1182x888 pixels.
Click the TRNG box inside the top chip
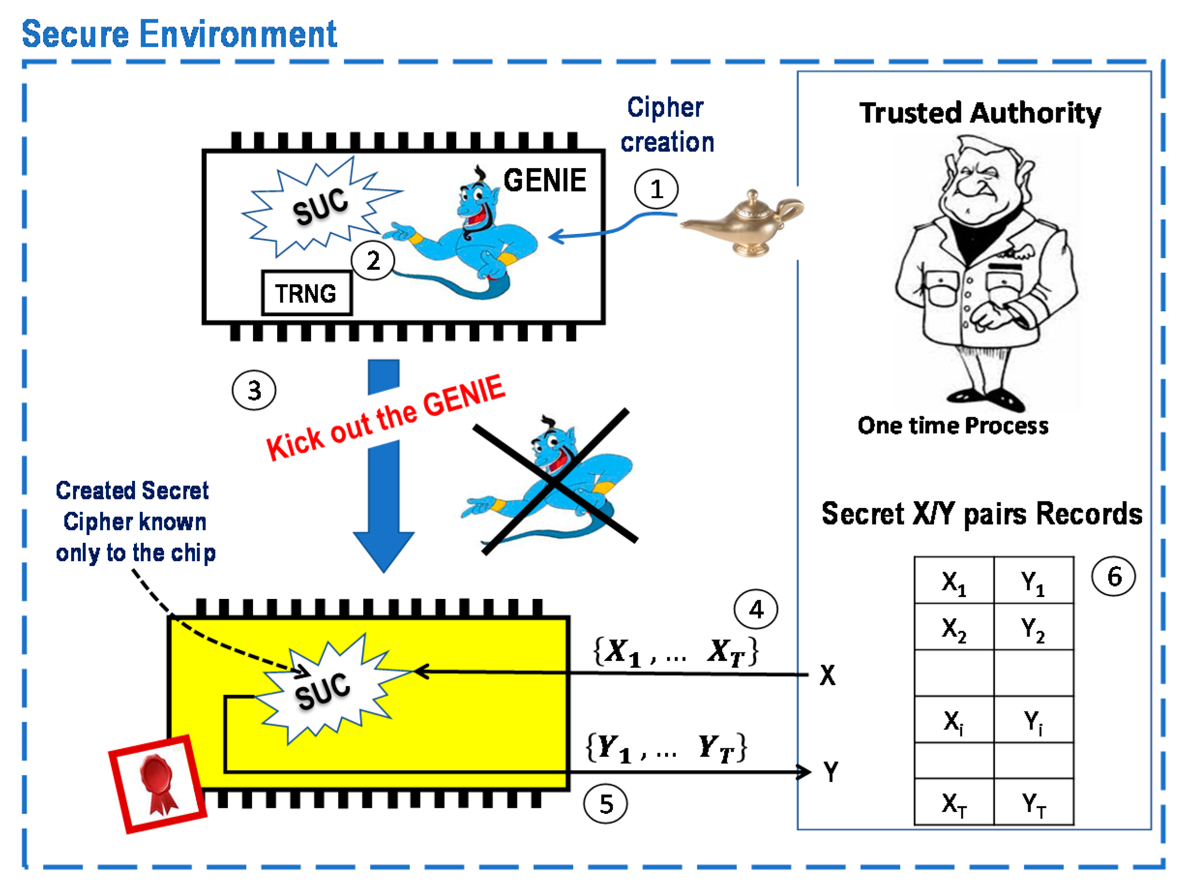pyautogui.click(x=306, y=293)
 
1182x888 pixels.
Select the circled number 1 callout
pyautogui.click(x=656, y=189)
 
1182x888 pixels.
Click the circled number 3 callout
pyautogui.click(x=254, y=390)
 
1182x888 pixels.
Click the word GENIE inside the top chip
pyautogui.click(x=545, y=180)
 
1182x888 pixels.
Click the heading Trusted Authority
pyautogui.click(x=979, y=113)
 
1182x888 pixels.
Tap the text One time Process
pyautogui.click(x=953, y=425)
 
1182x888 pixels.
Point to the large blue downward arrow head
pyautogui.click(x=383, y=550)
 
